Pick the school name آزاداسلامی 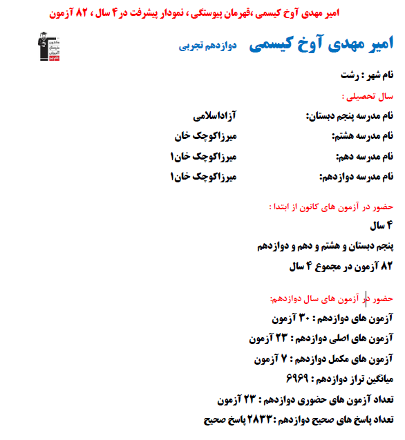[215, 114]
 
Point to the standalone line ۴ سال [379, 225]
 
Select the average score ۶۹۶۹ [296, 379]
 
